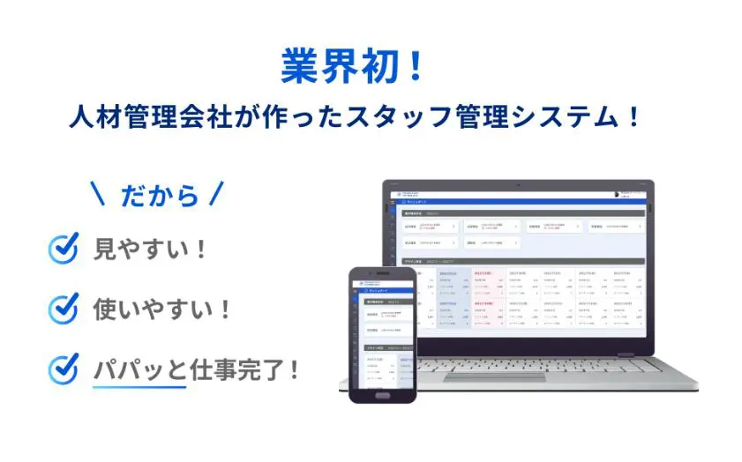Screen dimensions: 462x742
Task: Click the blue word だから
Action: [160, 195]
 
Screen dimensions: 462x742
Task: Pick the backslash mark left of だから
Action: [99, 194]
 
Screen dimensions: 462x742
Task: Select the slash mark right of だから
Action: [216, 194]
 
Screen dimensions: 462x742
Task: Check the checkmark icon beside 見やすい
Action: [64, 249]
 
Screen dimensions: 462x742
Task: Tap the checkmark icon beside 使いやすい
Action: [64, 309]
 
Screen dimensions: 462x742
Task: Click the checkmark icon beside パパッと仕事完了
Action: [64, 369]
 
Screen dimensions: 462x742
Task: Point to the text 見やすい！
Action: [151, 250]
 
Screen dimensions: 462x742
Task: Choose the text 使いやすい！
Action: [163, 309]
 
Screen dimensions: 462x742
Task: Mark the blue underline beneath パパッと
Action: [139, 386]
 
